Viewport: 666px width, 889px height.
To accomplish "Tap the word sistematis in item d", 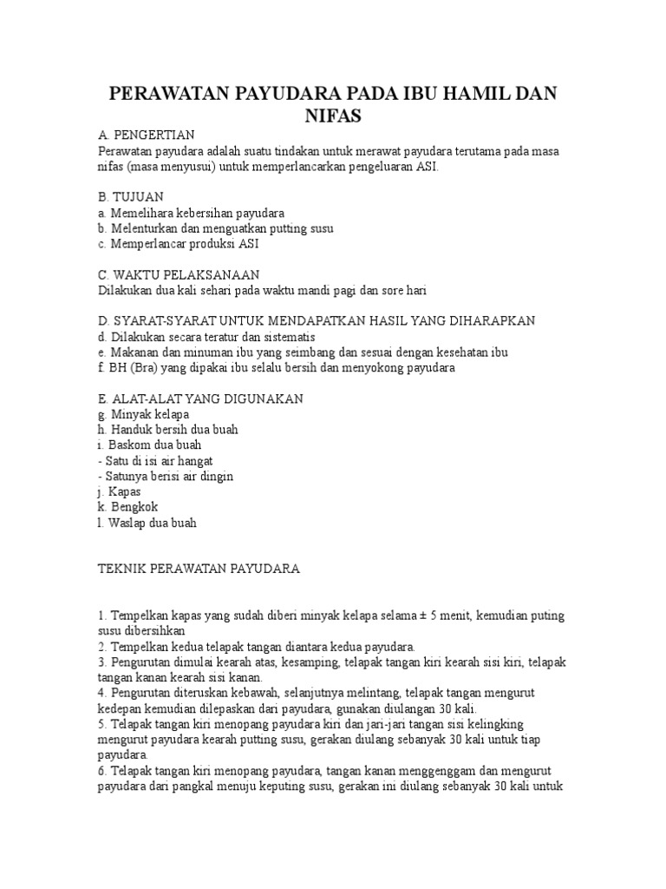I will [x=286, y=337].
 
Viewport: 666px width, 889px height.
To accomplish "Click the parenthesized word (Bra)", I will [x=145, y=368].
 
